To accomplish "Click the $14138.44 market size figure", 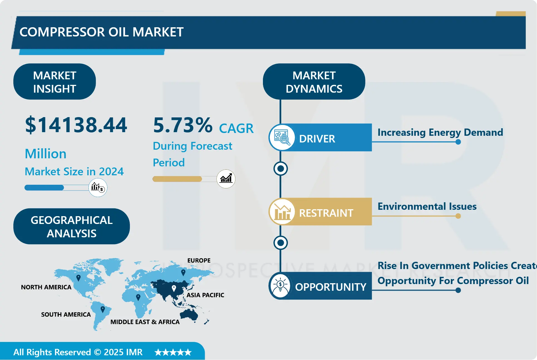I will [x=76, y=125].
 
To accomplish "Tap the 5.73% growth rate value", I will [x=183, y=125].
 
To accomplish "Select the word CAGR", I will [x=236, y=129].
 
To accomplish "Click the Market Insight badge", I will [x=55, y=82].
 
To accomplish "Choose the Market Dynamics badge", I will [x=314, y=82].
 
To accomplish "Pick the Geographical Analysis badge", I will [x=72, y=226].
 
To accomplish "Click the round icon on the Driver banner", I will [x=282, y=137].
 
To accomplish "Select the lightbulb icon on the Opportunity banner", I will [x=280, y=286].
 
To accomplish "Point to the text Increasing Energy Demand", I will [x=440, y=132].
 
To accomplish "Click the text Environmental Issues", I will [x=427, y=206].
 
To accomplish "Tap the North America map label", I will [x=46, y=287].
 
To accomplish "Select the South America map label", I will [x=66, y=314].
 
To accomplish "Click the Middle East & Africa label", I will [x=145, y=322].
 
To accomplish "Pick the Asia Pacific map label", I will [x=205, y=295].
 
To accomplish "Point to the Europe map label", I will [x=199, y=260].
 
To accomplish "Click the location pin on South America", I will [x=103, y=309].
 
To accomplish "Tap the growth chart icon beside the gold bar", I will [x=226, y=179].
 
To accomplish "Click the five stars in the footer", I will [x=173, y=352].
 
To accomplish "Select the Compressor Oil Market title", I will [x=102, y=32].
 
